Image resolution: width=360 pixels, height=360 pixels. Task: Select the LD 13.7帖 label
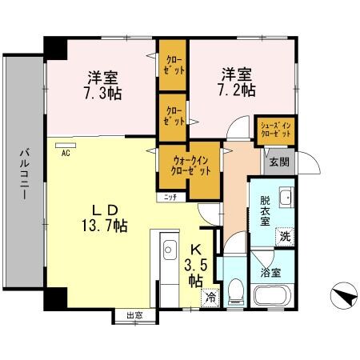coord(105,219)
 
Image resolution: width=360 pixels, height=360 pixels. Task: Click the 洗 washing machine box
coord(284,237)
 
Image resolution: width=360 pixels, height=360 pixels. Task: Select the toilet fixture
coord(236,292)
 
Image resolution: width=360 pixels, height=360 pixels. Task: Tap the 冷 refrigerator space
coord(210,298)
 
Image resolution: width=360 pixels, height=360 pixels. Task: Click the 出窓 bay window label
coord(134,315)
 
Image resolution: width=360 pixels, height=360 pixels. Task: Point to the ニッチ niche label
coord(170,196)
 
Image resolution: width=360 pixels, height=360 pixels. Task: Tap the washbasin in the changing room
coord(286,201)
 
